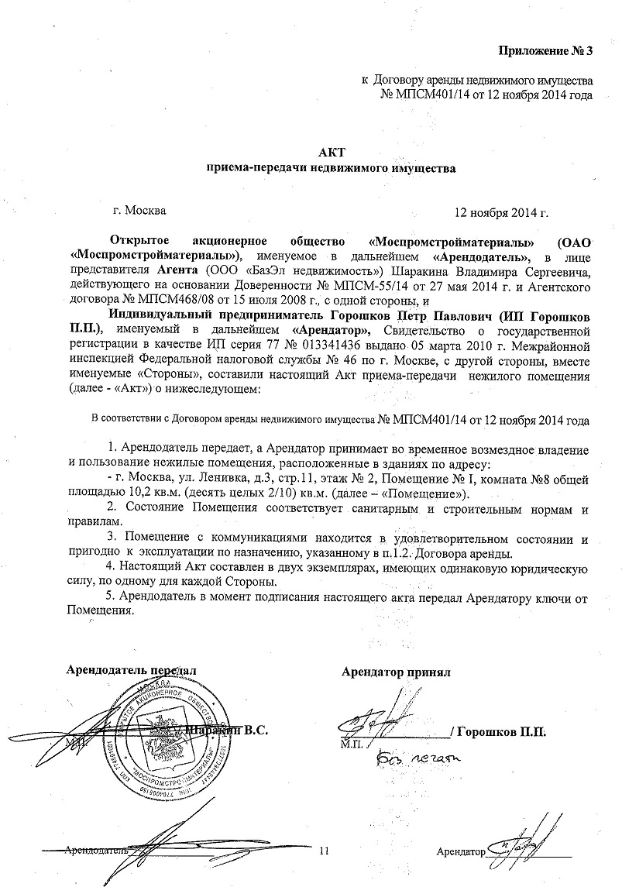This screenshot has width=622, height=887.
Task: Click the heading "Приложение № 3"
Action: point(545,52)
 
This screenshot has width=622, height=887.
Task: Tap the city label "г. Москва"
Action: point(139,209)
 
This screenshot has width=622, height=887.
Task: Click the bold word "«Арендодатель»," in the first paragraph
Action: point(483,256)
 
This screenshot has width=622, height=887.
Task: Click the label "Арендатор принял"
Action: point(396,672)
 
